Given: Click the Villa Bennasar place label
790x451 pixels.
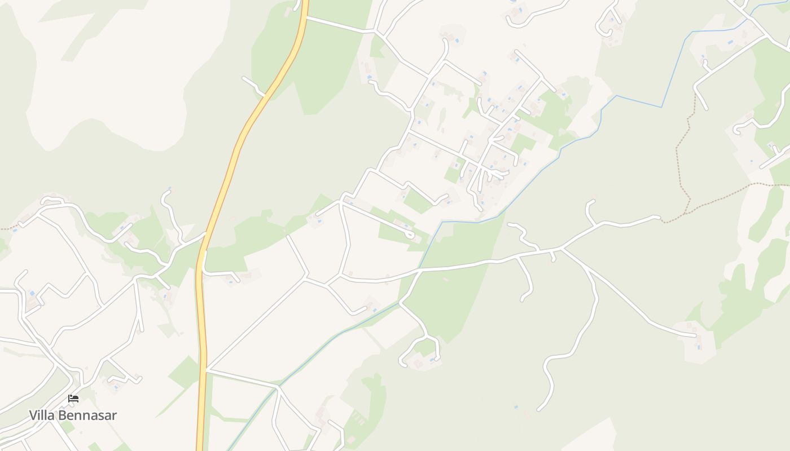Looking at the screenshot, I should [x=73, y=415].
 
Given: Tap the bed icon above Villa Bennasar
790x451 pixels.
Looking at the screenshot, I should [x=73, y=399].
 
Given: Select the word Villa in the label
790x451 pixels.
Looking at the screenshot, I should [x=41, y=415].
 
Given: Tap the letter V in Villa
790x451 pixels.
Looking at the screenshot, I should [x=33, y=415].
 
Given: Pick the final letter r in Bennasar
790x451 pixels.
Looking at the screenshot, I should [x=115, y=416].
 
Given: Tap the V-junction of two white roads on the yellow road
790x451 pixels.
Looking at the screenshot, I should [x=206, y=369].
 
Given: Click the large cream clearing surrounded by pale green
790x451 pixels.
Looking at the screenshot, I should [x=107, y=85].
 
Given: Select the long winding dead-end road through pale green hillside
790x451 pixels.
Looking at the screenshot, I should [x=570, y=350].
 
